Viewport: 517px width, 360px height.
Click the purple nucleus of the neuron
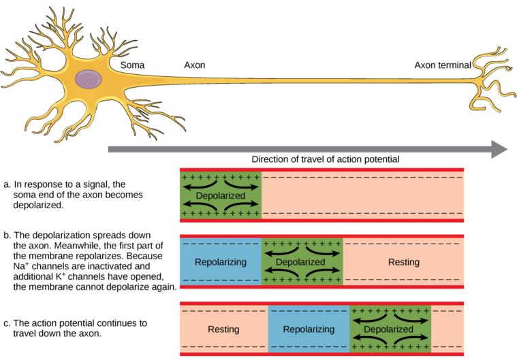click(88, 79)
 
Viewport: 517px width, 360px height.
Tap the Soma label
click(132, 65)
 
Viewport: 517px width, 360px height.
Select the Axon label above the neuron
click(195, 65)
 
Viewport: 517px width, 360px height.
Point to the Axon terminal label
click(443, 65)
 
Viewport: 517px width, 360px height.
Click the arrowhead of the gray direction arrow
click(499, 149)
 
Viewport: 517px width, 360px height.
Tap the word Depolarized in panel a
click(221, 195)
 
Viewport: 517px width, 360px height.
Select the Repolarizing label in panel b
click(221, 262)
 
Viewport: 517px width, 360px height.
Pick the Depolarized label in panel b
click(300, 262)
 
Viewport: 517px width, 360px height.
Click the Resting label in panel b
click(404, 262)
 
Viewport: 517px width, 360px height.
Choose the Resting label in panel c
click(223, 329)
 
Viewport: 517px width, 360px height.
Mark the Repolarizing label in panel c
click(309, 329)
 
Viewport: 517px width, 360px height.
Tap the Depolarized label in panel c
click(388, 329)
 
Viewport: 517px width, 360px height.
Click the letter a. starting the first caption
click(7, 185)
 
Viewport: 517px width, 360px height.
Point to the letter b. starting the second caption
click(7, 235)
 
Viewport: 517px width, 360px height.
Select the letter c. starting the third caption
click(7, 323)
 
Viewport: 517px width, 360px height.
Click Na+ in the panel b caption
click(21, 266)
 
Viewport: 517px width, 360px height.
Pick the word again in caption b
click(164, 287)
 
